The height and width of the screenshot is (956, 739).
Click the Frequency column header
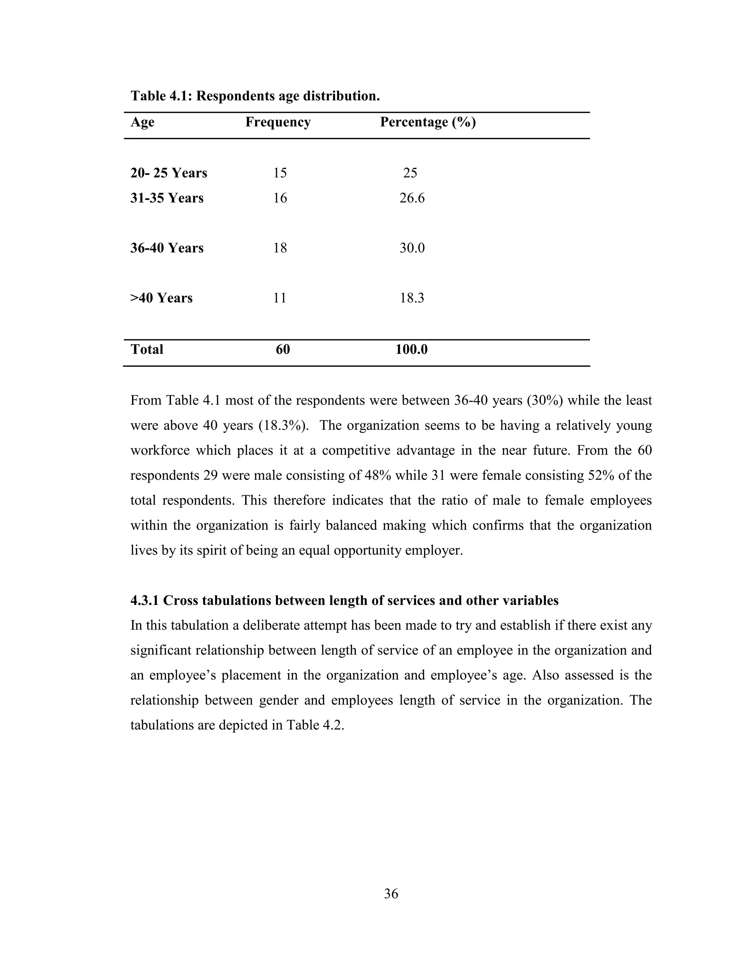point(277,122)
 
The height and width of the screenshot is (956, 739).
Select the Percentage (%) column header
point(427,122)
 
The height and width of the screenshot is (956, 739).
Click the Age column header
point(142,122)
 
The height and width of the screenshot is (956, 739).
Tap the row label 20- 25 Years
point(169,173)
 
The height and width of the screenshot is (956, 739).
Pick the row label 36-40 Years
point(167,248)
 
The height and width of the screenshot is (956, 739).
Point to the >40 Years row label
point(161,298)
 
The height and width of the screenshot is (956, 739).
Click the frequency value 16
point(280,198)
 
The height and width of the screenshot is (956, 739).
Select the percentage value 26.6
point(411,198)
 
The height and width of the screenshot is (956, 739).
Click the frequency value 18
point(280,248)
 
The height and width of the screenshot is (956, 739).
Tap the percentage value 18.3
point(411,298)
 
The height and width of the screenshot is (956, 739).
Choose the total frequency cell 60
point(283,349)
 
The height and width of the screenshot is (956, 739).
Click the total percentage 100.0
point(411,349)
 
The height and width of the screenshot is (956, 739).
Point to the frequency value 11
point(279,298)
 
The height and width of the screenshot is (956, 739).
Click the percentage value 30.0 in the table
point(411,248)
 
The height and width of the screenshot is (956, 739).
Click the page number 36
point(390,893)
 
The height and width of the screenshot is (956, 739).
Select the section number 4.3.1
point(145,601)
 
